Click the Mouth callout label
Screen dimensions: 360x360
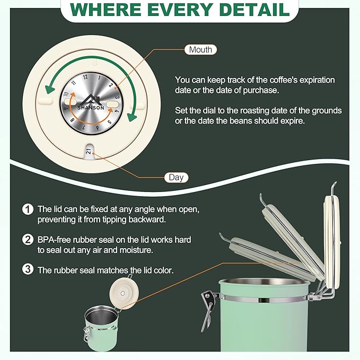(200, 50)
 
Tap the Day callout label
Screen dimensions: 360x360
(176, 178)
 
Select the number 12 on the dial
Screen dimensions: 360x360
(85, 77)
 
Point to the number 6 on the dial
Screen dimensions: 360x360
(98, 128)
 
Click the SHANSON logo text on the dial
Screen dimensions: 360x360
(91, 108)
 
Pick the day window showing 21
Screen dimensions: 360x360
(89, 151)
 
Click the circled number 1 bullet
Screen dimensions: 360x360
(28, 209)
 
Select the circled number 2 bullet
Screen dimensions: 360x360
(28, 240)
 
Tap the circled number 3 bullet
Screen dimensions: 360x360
(28, 269)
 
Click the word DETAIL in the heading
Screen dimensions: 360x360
(254, 10)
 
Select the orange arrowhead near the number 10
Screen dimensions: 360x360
(73, 94)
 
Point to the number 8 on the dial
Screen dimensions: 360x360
(73, 120)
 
